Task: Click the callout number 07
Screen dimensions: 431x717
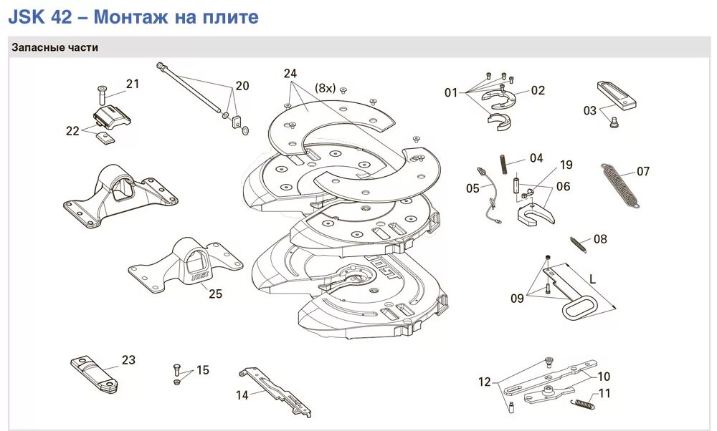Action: (643, 172)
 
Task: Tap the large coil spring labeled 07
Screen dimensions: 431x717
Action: (619, 185)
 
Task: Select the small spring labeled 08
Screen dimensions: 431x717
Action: (579, 243)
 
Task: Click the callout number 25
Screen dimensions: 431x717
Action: (216, 294)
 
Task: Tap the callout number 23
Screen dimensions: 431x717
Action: (128, 360)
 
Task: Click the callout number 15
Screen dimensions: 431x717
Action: (203, 370)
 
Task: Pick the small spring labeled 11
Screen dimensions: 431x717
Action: (582, 404)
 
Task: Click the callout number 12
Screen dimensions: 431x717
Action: (485, 382)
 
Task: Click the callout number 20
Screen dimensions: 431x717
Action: (242, 86)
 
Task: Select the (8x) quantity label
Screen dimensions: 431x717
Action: (325, 88)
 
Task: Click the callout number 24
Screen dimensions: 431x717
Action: (290, 74)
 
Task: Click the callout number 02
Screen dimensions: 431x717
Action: (538, 90)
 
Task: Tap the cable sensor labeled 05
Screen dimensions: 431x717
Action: (487, 193)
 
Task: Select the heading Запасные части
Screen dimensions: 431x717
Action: (54, 47)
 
